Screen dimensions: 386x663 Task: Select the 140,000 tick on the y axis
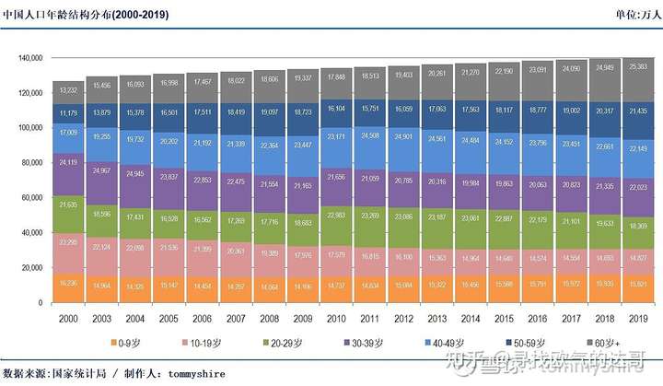pyautogui.click(x=30, y=58)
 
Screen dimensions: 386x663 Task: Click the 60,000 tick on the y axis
pyautogui.click(x=32, y=198)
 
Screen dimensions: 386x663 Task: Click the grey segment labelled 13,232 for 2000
pyautogui.click(x=69, y=90)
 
